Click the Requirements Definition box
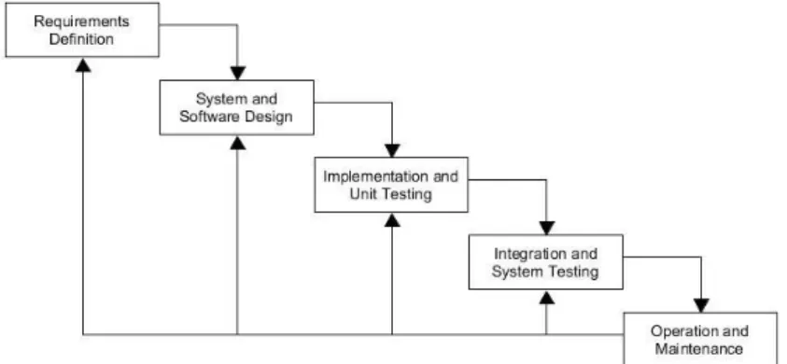[x=82, y=30]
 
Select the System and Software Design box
[x=237, y=107]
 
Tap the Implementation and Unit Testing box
[x=391, y=185]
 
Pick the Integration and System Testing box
[x=546, y=262]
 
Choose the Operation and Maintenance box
[x=701, y=339]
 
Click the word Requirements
[x=81, y=21]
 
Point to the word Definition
[x=81, y=39]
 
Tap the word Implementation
[x=368, y=176]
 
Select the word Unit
[x=359, y=194]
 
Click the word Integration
[x=525, y=254]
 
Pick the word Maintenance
[x=699, y=348]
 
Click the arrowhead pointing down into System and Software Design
[x=237, y=74]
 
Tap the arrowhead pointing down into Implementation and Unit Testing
[x=392, y=150]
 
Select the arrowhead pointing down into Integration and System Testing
[x=546, y=228]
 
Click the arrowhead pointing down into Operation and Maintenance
[x=701, y=305]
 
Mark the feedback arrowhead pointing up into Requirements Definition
[x=83, y=64]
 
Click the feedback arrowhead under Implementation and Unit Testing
[x=392, y=220]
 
